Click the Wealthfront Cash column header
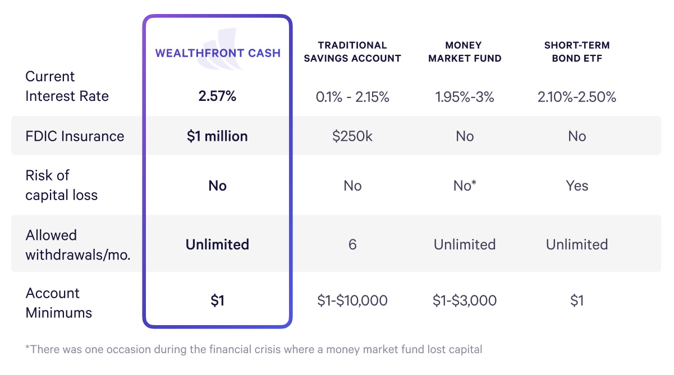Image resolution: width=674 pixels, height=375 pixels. pos(218,53)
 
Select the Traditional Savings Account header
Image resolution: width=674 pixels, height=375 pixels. pos(352,52)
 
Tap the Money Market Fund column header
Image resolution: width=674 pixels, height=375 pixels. pos(465,52)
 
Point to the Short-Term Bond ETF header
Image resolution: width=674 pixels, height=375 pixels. pos(577,52)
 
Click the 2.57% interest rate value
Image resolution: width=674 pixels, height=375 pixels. pos(218,96)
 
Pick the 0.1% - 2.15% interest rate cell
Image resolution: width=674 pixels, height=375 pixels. pos(352,97)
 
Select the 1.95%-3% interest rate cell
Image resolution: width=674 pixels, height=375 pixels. pos(465,97)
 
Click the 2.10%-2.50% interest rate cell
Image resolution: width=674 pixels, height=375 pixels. pos(577,97)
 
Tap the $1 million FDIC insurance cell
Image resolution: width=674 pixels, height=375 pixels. pos(218,136)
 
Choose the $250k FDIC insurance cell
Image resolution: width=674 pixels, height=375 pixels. pos(352,136)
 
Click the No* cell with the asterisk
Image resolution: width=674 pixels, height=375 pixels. pos(465,186)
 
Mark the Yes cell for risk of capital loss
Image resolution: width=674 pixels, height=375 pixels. pos(577,186)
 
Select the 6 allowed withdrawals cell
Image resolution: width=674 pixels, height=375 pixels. pos(352,244)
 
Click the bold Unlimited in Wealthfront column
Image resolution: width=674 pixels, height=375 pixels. pos(218,244)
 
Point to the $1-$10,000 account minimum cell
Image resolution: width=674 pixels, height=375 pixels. pos(352,300)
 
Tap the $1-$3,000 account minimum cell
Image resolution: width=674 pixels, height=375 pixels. pos(465,300)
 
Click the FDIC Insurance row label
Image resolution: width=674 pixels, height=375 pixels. pos(75,136)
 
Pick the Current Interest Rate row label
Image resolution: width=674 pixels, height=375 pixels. pos(67,86)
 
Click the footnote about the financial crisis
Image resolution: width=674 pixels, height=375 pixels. pos(254,349)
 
